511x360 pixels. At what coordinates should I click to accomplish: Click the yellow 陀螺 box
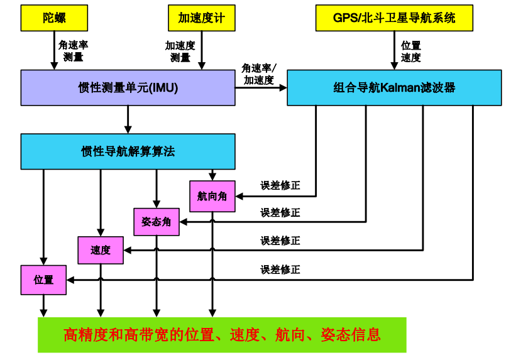click(54, 18)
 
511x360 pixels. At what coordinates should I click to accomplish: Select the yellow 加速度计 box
click(202, 18)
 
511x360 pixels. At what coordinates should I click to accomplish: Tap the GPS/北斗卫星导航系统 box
click(394, 18)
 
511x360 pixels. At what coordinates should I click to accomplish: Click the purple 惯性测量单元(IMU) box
click(128, 87)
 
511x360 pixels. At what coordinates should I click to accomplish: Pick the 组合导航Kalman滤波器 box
click(394, 87)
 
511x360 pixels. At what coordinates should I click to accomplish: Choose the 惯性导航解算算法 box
click(128, 151)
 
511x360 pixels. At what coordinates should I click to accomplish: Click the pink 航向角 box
click(212, 197)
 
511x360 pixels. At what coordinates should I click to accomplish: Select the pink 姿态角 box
click(157, 222)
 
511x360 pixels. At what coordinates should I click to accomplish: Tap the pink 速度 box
click(101, 250)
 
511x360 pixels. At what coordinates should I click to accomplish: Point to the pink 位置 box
click(43, 280)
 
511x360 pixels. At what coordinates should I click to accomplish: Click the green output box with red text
click(222, 335)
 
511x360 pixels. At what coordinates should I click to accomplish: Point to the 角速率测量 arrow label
click(74, 51)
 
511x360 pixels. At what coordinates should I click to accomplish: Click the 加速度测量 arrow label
click(180, 52)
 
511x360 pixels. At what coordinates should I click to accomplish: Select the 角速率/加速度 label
click(259, 74)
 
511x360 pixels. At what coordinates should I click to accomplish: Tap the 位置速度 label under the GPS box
click(411, 52)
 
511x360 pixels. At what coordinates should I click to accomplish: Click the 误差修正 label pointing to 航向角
click(280, 185)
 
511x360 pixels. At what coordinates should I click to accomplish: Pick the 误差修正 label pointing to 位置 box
click(280, 270)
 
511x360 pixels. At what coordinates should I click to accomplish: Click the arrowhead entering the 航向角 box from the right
click(239, 197)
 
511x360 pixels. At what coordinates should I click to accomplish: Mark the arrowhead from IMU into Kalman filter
click(283, 87)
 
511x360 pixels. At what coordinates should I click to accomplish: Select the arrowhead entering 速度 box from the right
click(128, 250)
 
